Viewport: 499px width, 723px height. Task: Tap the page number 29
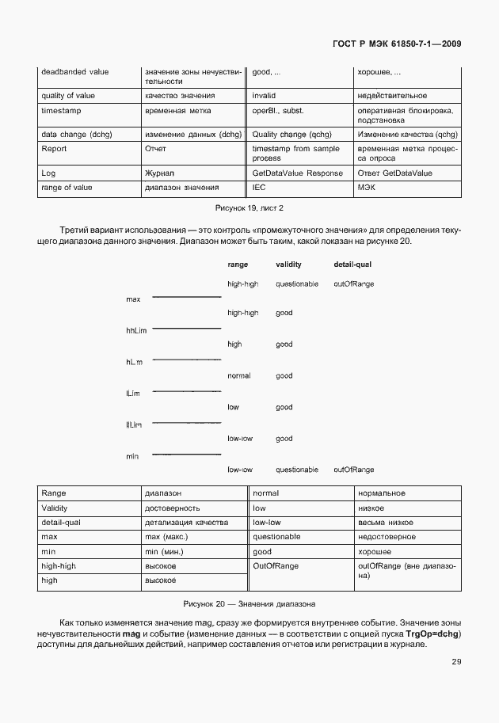[x=456, y=662]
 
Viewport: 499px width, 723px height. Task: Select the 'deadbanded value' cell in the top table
[x=75, y=72]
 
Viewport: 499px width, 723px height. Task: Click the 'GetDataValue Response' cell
[x=297, y=173]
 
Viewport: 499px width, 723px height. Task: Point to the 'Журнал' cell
[x=159, y=173]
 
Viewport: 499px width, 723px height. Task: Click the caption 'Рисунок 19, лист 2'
[x=249, y=207]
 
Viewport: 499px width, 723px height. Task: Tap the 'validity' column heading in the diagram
[x=288, y=264]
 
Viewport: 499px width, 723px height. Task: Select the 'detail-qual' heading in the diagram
[x=352, y=264]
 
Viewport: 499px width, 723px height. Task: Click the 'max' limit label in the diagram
[x=133, y=299]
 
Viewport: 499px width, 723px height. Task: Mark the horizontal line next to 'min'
[x=186, y=455]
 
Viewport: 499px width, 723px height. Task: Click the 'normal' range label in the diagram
[x=238, y=375]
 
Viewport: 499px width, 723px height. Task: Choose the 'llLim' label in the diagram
[x=133, y=425]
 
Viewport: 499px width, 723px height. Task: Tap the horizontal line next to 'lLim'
[x=186, y=391]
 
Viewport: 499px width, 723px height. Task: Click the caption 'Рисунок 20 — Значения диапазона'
[x=249, y=603]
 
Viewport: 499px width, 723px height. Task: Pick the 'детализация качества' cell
[x=186, y=523]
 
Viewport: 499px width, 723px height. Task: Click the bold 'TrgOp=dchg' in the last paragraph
[x=432, y=634]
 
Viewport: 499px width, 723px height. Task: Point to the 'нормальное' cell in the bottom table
[x=382, y=493]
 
